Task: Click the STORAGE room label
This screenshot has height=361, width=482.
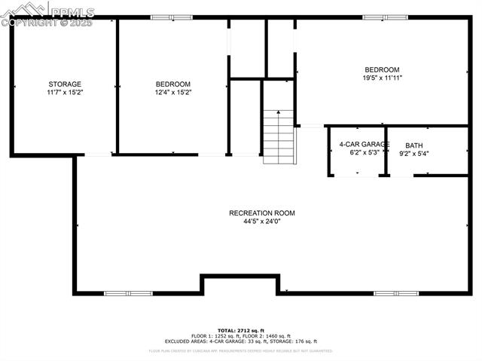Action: click(65, 84)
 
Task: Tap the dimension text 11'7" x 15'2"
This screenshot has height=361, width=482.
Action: click(65, 93)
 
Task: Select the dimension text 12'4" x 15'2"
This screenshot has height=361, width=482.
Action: click(173, 93)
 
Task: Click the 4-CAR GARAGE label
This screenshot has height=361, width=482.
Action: click(365, 144)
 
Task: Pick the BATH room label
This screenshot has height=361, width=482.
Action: click(414, 145)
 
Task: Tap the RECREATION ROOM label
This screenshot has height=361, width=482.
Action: click(262, 213)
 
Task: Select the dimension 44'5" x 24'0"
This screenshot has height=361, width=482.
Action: click(262, 222)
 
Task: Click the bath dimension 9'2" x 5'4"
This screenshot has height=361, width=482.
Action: click(414, 154)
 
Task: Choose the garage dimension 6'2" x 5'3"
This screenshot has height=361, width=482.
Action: click(365, 152)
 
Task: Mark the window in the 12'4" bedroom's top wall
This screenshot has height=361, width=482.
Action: click(161, 17)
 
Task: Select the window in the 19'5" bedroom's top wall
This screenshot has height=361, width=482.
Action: click(385, 17)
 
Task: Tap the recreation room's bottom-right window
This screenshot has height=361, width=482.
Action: click(395, 293)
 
